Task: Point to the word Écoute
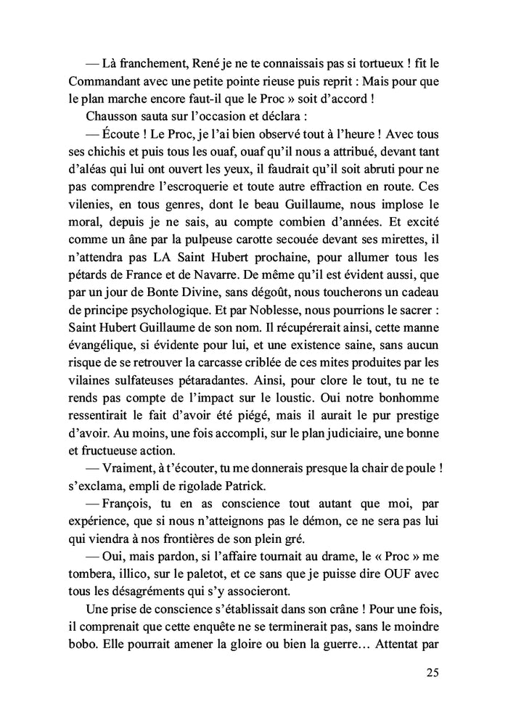pyautogui.click(x=128, y=135)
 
